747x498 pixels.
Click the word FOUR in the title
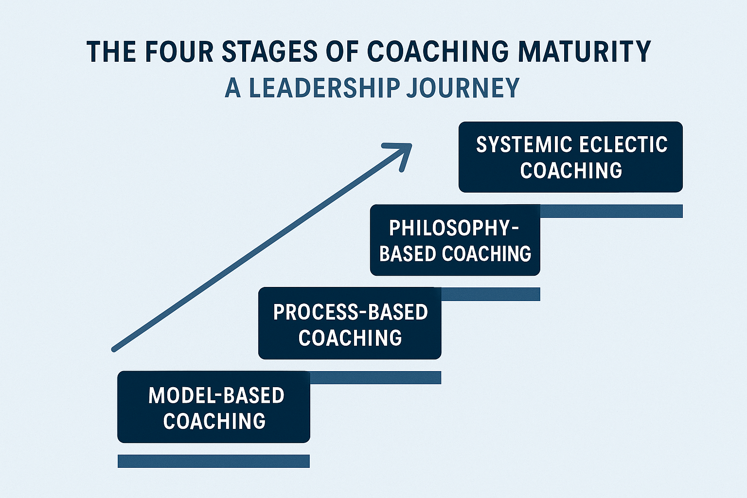[x=179, y=52]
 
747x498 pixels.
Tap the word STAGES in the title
[x=269, y=52]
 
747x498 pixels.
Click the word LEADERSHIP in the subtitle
[x=324, y=88]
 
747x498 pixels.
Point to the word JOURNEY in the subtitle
[x=463, y=88]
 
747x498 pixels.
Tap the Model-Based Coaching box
[x=214, y=407]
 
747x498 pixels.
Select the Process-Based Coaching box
[x=350, y=323]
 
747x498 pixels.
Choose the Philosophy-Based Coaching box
[x=455, y=240]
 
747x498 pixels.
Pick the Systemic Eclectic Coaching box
[x=570, y=157]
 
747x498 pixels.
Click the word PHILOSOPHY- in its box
[x=454, y=228]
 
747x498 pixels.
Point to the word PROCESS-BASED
[x=351, y=312]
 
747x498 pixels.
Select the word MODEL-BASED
[x=216, y=395]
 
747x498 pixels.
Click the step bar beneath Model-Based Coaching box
[x=214, y=461]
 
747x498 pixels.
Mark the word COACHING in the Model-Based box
[x=214, y=421]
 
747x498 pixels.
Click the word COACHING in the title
[x=438, y=52]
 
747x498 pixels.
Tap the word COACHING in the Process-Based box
[x=350, y=337]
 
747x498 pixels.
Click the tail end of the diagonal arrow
[x=114, y=350]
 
